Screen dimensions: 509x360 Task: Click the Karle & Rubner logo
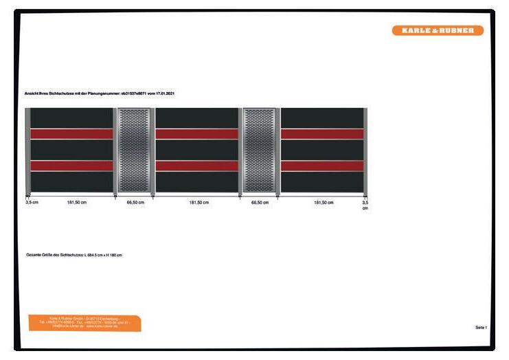tap(438, 30)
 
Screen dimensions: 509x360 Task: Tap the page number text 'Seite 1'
tap(481, 327)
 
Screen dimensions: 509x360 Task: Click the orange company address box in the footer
tap(84, 323)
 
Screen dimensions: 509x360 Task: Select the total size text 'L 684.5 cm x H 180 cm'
tap(102, 255)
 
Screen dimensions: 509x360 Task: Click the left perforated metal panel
tap(134, 150)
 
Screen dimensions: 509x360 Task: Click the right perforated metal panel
tap(259, 150)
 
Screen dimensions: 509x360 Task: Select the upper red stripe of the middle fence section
tap(196, 134)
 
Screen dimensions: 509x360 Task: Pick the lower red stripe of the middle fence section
tap(196, 166)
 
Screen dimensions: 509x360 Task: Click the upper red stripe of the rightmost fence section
tap(321, 134)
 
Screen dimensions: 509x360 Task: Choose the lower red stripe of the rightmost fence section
tap(321, 166)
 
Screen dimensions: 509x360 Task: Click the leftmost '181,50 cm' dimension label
tap(76, 203)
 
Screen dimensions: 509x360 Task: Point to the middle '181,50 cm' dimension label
tap(199, 203)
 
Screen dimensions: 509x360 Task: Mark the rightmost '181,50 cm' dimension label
tap(324, 203)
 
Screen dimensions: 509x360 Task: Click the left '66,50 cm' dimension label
tap(135, 203)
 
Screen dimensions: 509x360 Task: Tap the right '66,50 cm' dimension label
tap(260, 203)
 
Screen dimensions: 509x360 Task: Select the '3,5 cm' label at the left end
tap(32, 203)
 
